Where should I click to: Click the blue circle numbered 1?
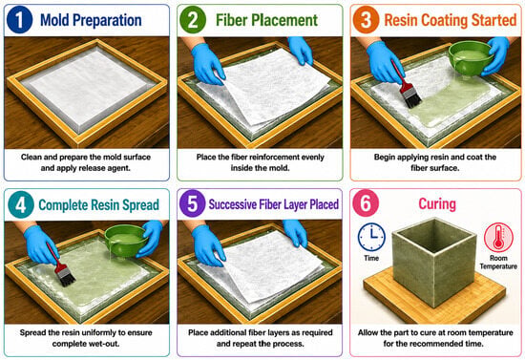click(x=19, y=20)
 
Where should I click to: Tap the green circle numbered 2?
click(x=193, y=20)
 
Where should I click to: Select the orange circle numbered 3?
click(x=366, y=20)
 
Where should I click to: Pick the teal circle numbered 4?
click(x=21, y=204)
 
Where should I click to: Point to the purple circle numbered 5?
click(x=192, y=203)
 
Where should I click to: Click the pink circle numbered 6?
click(x=366, y=203)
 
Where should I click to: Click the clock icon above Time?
click(x=371, y=237)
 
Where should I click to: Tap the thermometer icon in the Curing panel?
click(x=498, y=238)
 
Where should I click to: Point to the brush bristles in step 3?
click(x=412, y=98)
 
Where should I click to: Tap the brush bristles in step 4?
click(x=66, y=278)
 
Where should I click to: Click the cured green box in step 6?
click(x=434, y=262)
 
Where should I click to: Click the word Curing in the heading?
click(x=437, y=203)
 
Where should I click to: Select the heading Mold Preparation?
click(x=91, y=20)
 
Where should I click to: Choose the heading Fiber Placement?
click(x=266, y=20)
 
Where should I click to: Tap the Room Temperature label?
click(x=498, y=263)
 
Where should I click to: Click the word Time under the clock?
click(x=371, y=258)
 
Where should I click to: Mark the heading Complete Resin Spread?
click(x=98, y=205)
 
